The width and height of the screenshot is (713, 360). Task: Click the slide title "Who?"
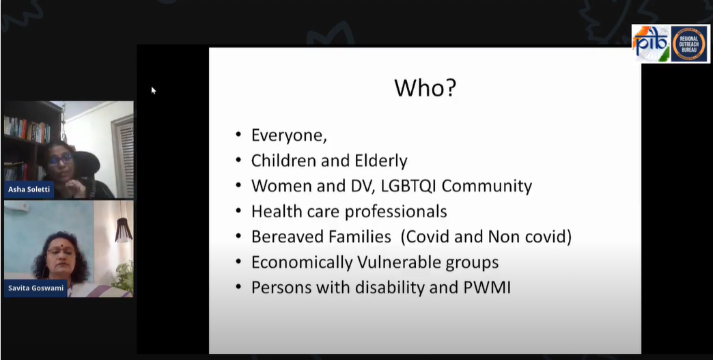[x=425, y=89]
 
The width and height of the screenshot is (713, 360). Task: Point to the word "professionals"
[x=396, y=212]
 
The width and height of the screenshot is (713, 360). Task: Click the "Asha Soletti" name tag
[x=29, y=189]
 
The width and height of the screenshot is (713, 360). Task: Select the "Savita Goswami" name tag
[x=36, y=288]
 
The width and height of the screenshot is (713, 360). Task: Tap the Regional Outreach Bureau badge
[x=688, y=44]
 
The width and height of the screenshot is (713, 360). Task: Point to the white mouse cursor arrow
[x=154, y=90]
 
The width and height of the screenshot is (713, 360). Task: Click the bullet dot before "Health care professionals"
[x=238, y=212]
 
